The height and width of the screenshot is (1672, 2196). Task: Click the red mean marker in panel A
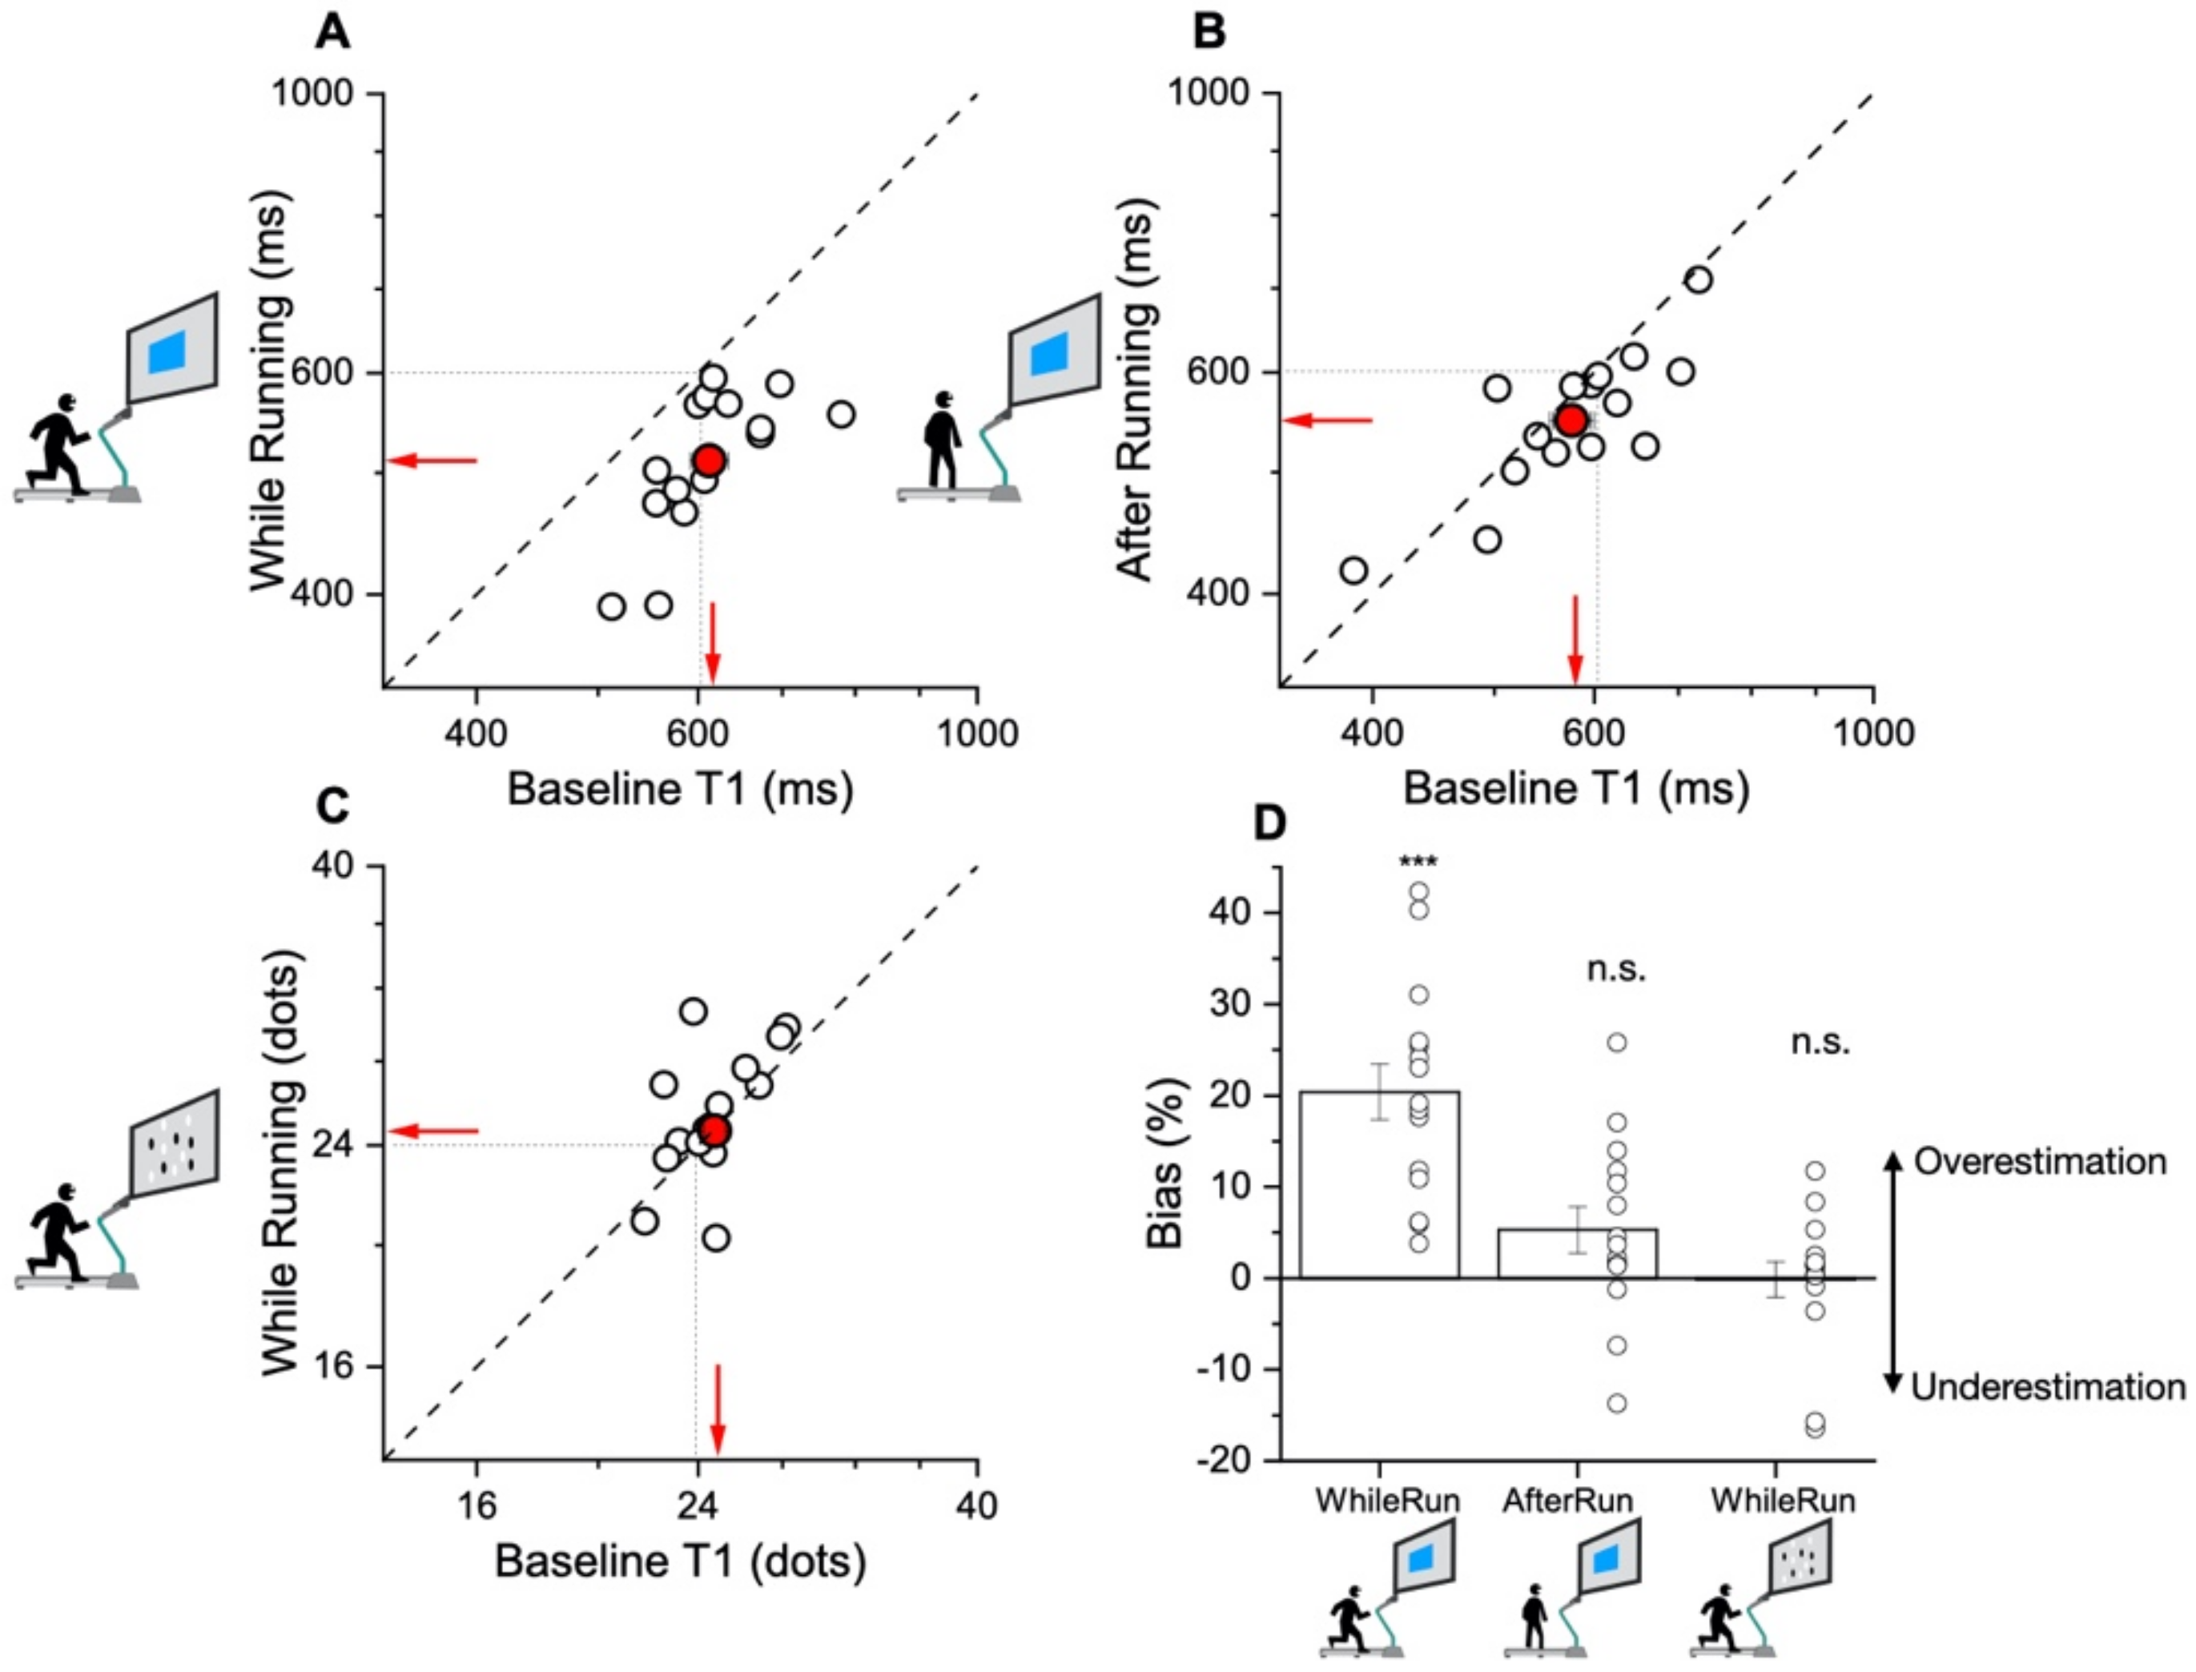point(708,460)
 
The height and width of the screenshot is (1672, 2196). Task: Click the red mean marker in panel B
point(1571,420)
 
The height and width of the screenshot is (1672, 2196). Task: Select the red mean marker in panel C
point(714,1131)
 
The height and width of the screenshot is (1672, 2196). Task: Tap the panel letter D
point(1269,825)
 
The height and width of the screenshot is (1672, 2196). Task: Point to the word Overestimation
point(2040,1161)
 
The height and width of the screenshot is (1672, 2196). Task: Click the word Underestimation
point(2048,1386)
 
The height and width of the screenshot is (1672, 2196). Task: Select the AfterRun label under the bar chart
point(1568,1500)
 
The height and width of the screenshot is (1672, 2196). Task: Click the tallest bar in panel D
point(1379,1184)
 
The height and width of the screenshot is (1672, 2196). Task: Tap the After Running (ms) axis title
point(1135,393)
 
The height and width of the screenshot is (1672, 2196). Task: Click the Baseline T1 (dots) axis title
point(680,1561)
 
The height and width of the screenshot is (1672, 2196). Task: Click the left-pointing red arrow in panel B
point(1328,420)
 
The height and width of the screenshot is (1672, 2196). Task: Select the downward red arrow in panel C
point(717,1409)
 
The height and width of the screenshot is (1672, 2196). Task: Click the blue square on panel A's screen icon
point(167,353)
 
